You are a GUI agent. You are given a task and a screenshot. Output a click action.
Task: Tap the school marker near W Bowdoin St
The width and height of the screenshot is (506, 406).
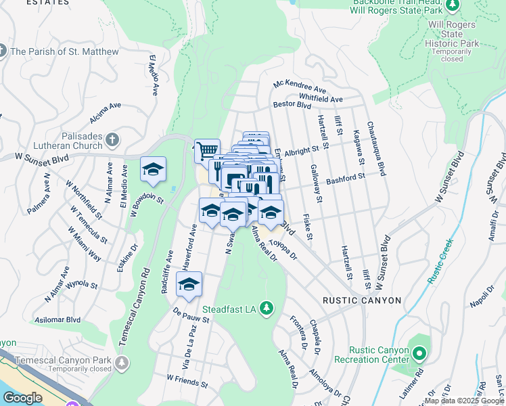(x=153, y=169)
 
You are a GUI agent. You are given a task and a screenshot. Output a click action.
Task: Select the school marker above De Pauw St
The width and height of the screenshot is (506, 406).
(x=189, y=284)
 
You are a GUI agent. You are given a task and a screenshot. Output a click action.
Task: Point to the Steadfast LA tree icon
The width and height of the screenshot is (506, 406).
(x=267, y=309)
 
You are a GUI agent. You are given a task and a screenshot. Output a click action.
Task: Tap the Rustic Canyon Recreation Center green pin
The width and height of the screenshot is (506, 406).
(x=419, y=353)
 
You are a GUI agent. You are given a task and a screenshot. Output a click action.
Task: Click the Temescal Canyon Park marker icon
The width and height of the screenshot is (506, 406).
(x=121, y=363)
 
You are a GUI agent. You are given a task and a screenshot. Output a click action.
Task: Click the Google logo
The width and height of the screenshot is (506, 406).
(x=22, y=398)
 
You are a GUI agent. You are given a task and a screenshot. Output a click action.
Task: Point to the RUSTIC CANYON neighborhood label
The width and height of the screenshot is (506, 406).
(x=361, y=300)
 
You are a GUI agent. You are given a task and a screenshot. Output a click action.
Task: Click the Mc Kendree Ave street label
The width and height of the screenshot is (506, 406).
(x=300, y=87)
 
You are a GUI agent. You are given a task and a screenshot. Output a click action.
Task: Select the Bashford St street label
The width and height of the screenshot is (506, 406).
(x=345, y=178)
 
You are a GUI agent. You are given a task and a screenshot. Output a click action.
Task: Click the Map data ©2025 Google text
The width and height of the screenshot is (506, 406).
(x=464, y=401)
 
